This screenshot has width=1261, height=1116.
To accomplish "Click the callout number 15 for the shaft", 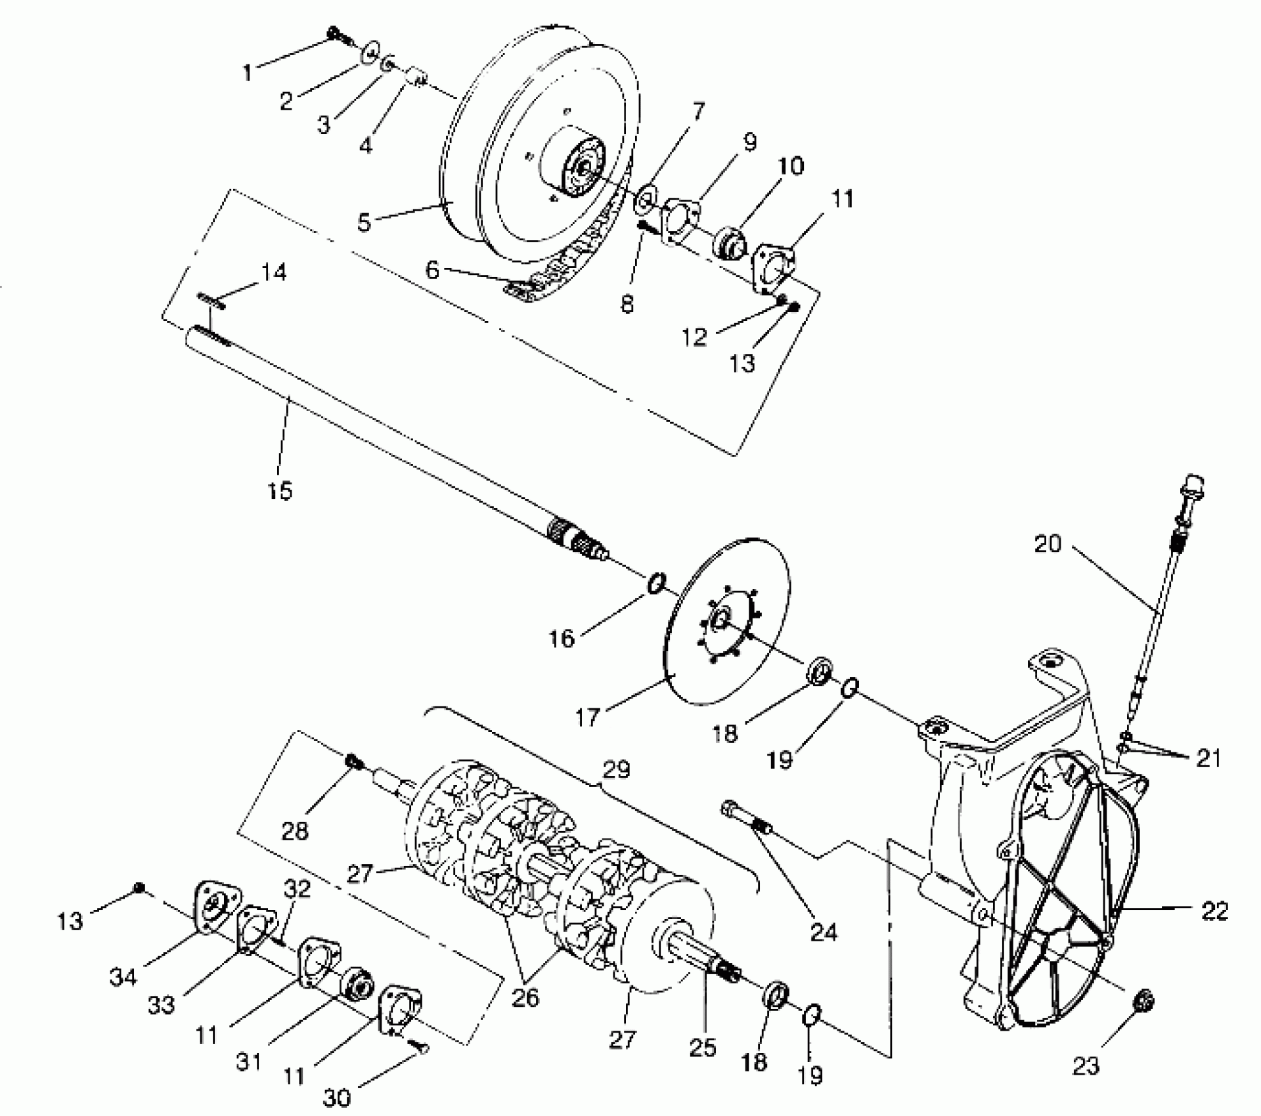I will [280, 490].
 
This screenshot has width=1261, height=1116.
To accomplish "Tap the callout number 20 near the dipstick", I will [1048, 544].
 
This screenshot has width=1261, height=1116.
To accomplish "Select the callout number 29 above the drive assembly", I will [615, 769].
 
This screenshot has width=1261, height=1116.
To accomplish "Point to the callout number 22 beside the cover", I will [1213, 911].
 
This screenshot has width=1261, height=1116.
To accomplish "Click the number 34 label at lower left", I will [123, 976].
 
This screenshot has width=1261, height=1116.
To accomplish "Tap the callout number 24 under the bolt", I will [824, 932].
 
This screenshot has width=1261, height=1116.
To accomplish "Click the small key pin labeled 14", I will [211, 301].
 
